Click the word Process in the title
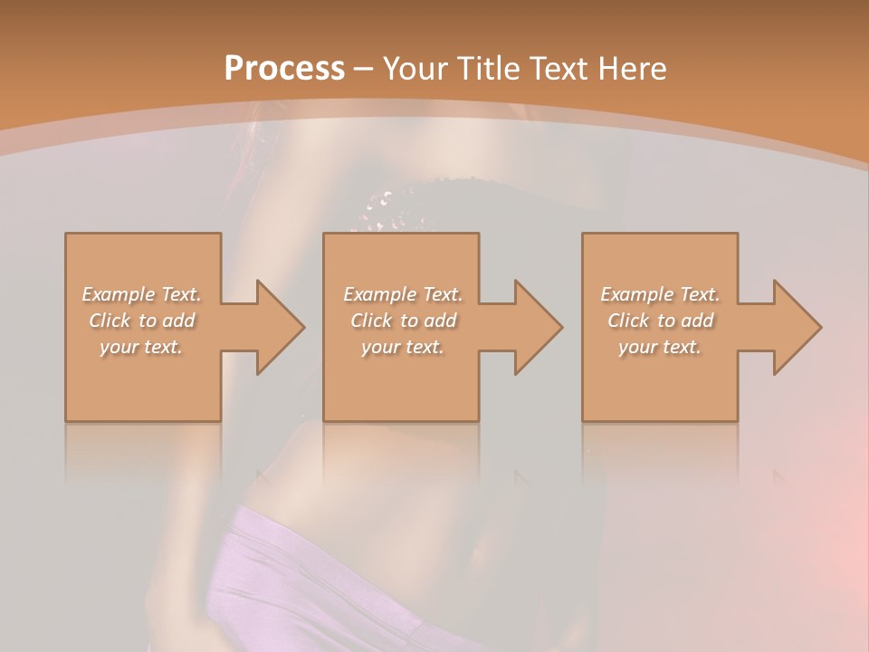coord(284,69)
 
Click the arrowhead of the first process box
coord(275,327)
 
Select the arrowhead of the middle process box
coord(534,327)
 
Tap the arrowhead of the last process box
coord(793,327)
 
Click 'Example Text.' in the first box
coord(142,294)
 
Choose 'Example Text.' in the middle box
coord(403,294)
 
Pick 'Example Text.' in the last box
coord(660,294)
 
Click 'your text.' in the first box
coord(141,347)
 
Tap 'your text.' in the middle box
coord(403,347)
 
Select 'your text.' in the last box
coord(660,347)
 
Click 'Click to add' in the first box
coord(142,321)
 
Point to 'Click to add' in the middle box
coord(403,321)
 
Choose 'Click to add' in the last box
coord(660,321)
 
